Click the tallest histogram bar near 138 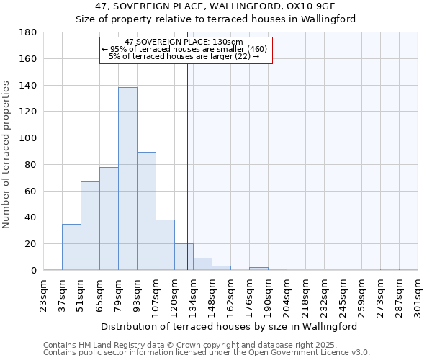[127, 179]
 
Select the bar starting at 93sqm [146, 211]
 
